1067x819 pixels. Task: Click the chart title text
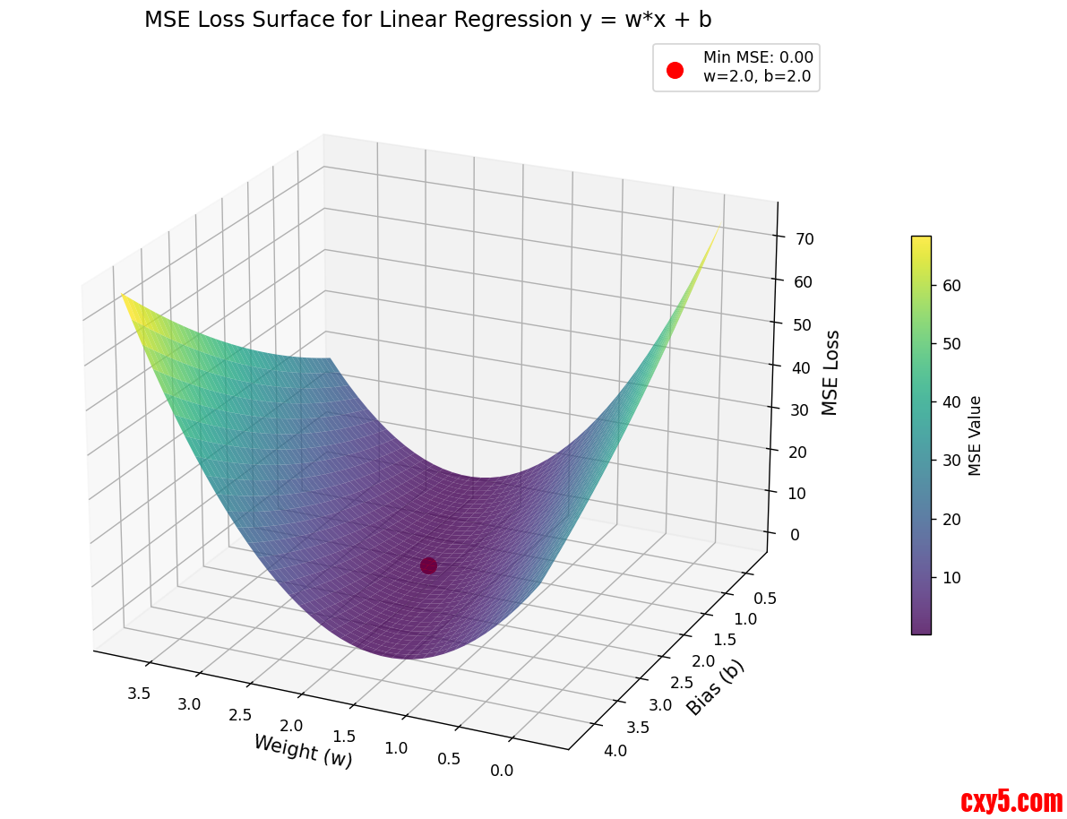[x=427, y=20]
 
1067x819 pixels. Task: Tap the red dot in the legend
[x=675, y=70]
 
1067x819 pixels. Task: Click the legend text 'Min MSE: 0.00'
[x=757, y=57]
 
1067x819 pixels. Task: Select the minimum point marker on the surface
[x=428, y=565]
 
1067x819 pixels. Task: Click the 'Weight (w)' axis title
[x=303, y=750]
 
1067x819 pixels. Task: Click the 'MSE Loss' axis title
[x=830, y=372]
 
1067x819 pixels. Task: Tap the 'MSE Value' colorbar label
[x=976, y=435]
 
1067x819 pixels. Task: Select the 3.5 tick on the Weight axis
[x=138, y=693]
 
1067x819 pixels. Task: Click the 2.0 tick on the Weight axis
[x=291, y=725]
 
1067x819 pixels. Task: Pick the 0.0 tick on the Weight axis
[x=502, y=770]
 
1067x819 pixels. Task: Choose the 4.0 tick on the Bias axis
[x=615, y=750]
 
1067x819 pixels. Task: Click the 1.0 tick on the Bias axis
[x=745, y=618]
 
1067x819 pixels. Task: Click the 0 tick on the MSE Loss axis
[x=792, y=535]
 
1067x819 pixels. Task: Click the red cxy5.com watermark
[x=1011, y=800]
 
